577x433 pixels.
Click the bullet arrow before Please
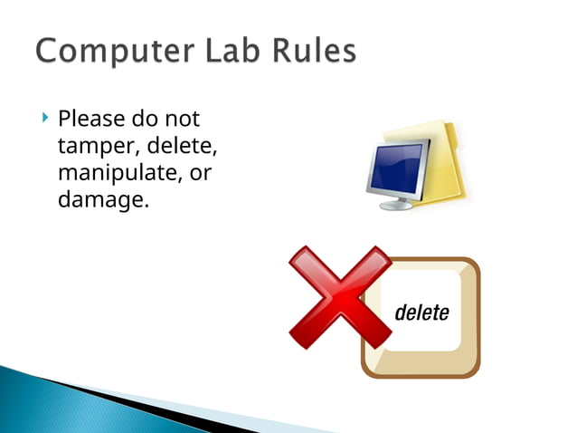44,119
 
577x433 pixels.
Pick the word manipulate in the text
114,173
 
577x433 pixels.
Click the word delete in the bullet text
185,146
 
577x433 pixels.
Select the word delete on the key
421,313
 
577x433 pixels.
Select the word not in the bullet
182,120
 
